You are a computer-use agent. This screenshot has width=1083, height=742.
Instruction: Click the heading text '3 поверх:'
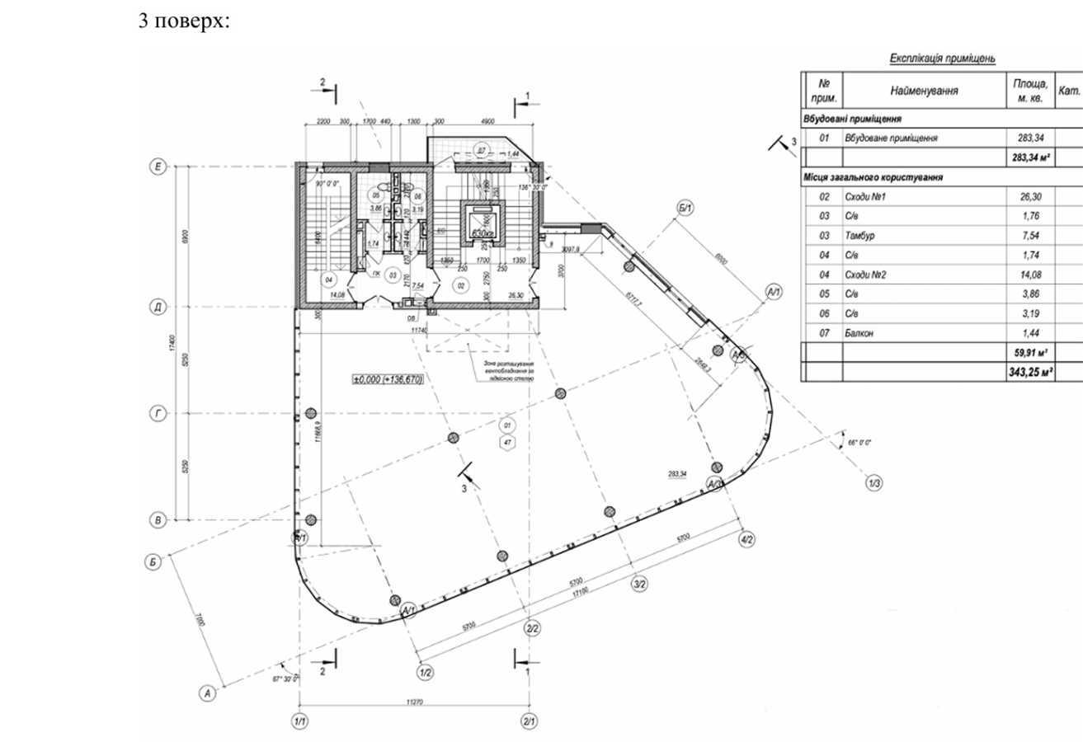(x=183, y=21)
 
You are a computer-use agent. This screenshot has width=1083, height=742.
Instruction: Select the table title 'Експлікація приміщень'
(x=942, y=59)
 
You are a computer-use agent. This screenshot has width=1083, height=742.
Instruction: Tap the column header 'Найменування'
(x=923, y=91)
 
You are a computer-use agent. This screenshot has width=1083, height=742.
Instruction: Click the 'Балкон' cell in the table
(x=859, y=333)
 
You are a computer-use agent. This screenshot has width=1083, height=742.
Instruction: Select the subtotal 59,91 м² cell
(x=1030, y=353)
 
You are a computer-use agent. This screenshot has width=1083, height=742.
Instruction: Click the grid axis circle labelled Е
(x=158, y=167)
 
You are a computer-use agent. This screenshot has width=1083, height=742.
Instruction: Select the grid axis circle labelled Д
(x=158, y=308)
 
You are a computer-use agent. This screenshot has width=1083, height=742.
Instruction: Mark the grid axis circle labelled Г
(x=158, y=414)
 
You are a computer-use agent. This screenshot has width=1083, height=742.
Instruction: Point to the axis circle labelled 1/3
(x=874, y=483)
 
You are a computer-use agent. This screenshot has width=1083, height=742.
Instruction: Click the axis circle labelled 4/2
(x=746, y=539)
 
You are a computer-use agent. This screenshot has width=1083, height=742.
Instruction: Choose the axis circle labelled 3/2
(x=639, y=585)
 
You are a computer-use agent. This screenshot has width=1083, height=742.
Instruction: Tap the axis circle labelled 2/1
(x=529, y=721)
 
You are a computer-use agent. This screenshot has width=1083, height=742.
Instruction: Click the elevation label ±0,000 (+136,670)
(x=388, y=380)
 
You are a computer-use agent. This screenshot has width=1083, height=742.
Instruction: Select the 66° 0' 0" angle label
(x=859, y=443)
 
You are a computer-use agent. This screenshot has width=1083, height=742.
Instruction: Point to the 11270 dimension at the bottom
(x=415, y=702)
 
